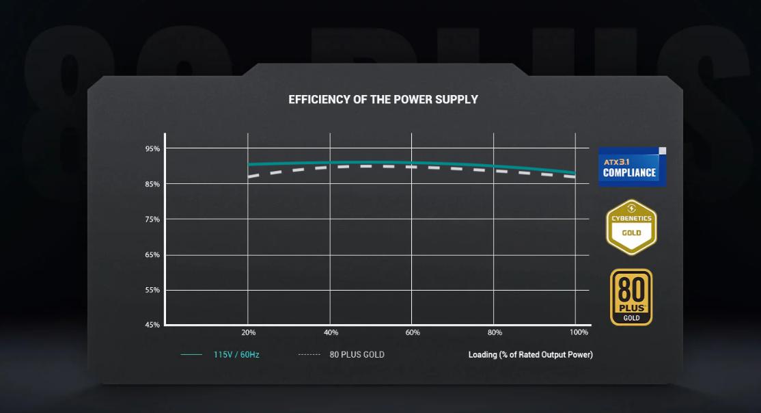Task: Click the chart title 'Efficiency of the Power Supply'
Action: tap(383, 100)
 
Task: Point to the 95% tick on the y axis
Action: tap(152, 149)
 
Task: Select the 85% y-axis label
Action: tap(152, 185)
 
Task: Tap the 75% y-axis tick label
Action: tap(152, 220)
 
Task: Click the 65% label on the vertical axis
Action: tap(152, 255)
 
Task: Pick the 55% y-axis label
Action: tap(152, 291)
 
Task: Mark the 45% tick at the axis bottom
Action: tap(152, 325)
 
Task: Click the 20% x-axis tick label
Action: tap(249, 333)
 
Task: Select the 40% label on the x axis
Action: tap(331, 333)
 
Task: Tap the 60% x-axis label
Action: tap(413, 333)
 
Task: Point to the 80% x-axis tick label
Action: tap(495, 333)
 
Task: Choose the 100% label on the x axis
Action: tap(579, 333)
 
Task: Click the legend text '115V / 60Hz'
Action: tap(236, 355)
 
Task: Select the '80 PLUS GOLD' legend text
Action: tap(357, 355)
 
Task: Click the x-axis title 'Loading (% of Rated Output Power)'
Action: tap(530, 355)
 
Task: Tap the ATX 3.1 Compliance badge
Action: tap(632, 167)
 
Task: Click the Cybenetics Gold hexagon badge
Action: tap(631, 227)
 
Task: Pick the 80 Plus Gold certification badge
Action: tap(631, 297)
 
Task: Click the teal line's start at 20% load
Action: tap(249, 164)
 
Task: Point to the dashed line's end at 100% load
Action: tap(575, 176)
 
